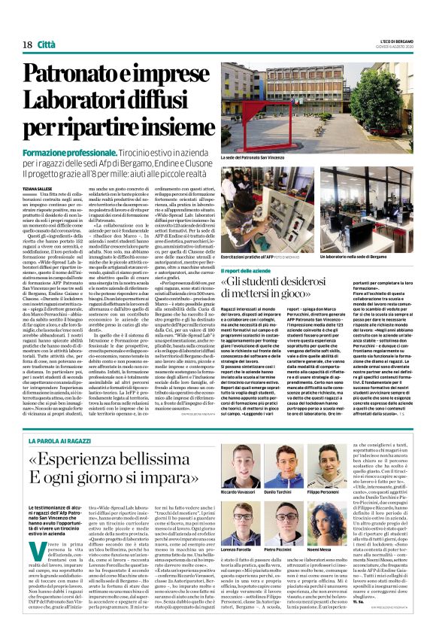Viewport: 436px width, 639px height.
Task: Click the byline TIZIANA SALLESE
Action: [x=41, y=189]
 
